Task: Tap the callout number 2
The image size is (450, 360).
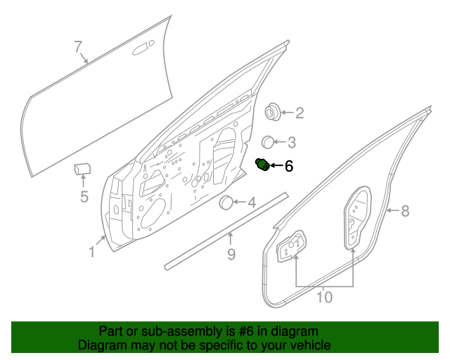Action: click(299, 112)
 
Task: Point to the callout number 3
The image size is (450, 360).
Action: click(290, 141)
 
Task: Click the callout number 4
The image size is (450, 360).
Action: click(251, 203)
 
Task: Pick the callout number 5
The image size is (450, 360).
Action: click(84, 197)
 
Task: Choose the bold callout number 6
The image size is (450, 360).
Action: click(288, 167)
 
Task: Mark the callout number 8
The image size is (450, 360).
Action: click(405, 210)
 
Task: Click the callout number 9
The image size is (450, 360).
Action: click(231, 254)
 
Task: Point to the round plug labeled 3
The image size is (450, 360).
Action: click(269, 141)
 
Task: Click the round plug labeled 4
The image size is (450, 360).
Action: click(227, 203)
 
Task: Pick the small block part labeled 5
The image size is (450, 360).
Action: click(83, 169)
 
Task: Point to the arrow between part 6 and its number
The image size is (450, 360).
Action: click(276, 166)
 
